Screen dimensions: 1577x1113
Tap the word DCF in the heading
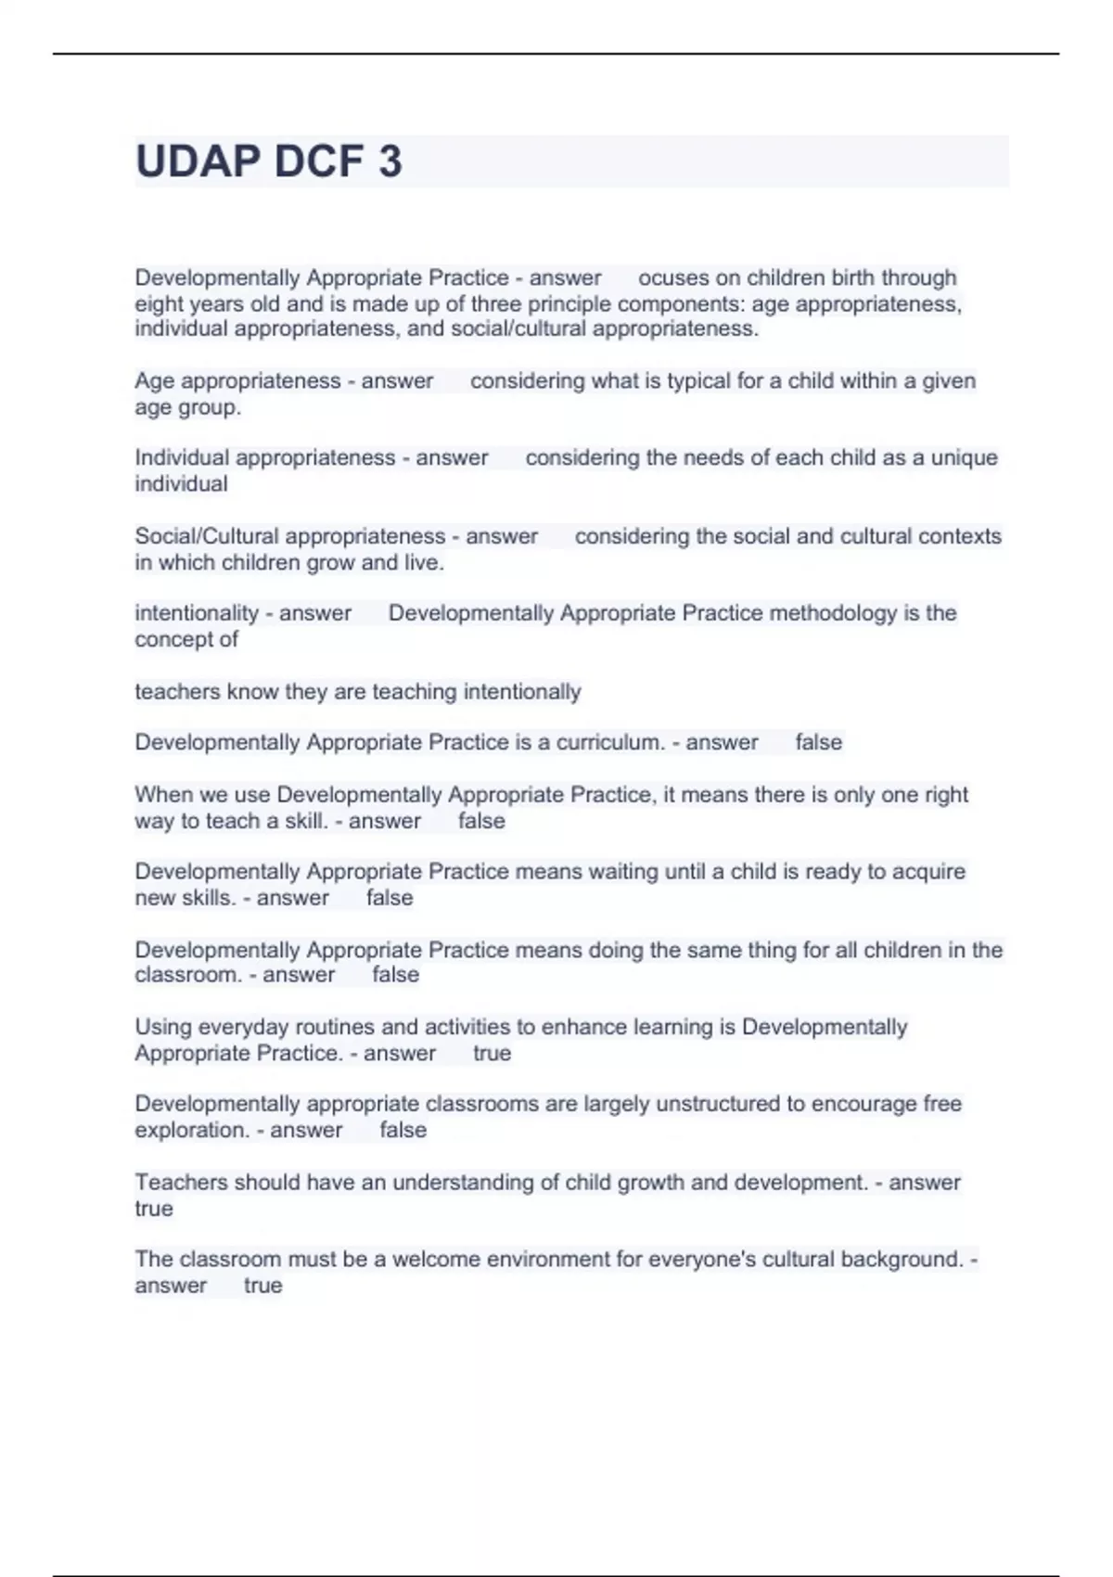[318, 162]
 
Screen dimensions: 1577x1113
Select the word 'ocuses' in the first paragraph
[672, 278]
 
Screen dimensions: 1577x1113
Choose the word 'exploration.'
[191, 1131]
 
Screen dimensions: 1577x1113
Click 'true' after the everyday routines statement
[492, 1054]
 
